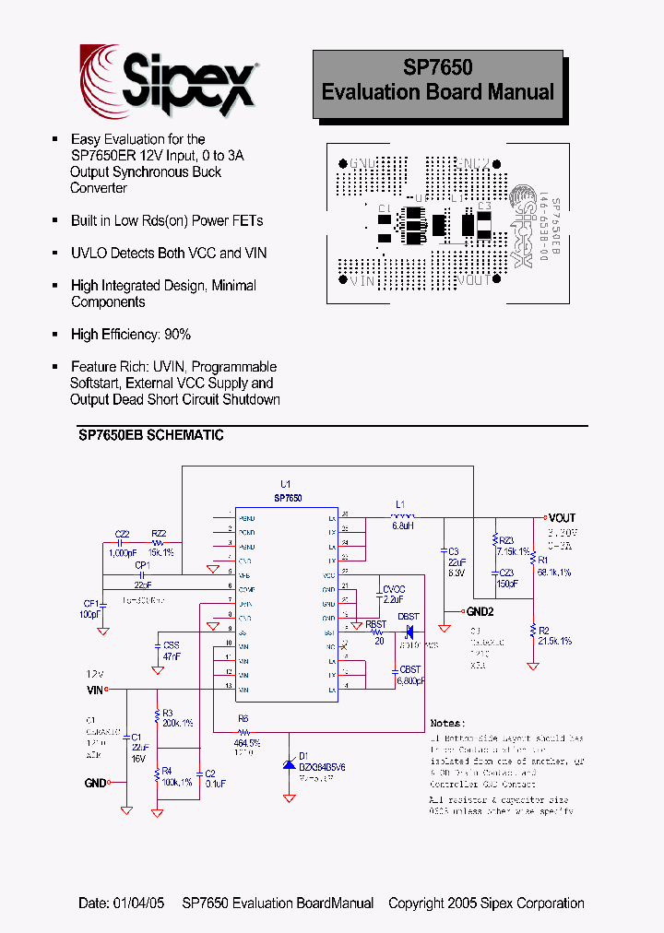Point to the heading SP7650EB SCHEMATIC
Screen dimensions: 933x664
click(x=145, y=435)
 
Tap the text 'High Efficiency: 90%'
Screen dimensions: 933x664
click(x=131, y=335)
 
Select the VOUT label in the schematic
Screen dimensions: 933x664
click(x=561, y=518)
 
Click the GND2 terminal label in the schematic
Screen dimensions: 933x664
click(x=480, y=611)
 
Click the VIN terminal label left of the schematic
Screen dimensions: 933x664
click(x=95, y=689)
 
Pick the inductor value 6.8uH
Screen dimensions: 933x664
click(x=401, y=526)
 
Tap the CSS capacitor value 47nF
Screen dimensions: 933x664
click(x=172, y=655)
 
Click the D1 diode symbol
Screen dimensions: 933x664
click(x=291, y=764)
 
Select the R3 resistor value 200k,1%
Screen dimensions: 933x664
click(x=178, y=724)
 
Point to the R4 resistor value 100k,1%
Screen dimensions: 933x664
click(x=177, y=782)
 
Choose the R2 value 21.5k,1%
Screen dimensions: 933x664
click(x=555, y=641)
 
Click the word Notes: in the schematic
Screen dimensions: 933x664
click(x=449, y=724)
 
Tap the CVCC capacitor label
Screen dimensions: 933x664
click(x=394, y=588)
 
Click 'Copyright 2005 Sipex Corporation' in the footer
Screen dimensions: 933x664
click(x=486, y=903)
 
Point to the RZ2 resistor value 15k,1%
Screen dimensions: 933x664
click(x=160, y=552)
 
